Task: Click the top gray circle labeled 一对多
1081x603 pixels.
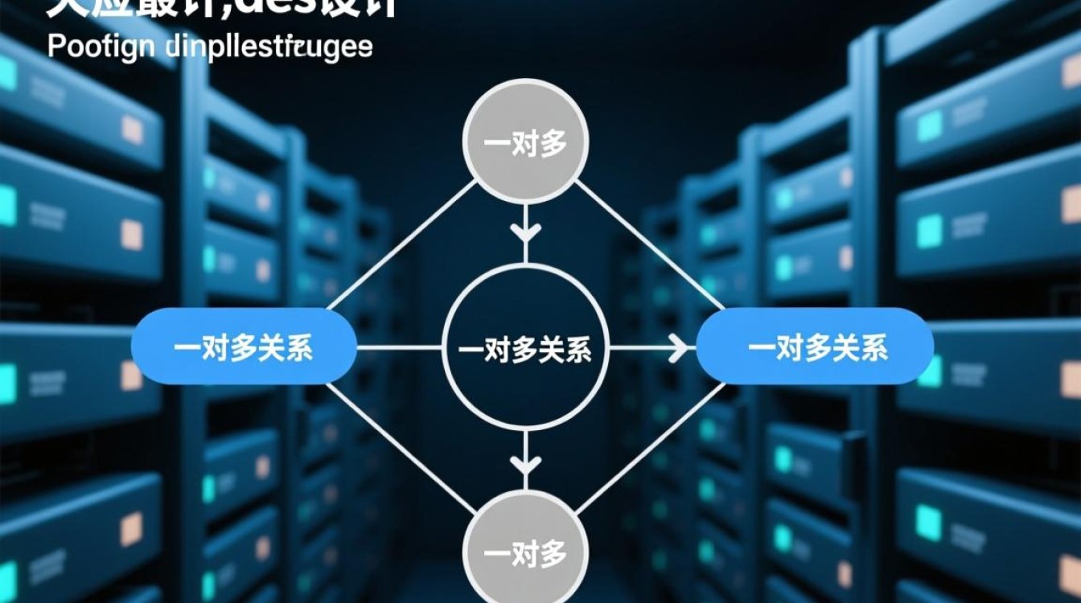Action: click(526, 142)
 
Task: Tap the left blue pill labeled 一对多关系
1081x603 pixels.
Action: click(244, 347)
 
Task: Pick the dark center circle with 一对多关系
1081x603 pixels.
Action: click(525, 347)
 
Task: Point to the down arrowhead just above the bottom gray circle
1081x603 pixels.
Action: click(526, 464)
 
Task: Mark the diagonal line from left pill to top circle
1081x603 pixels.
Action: click(402, 244)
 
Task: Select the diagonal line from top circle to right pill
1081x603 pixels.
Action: click(648, 244)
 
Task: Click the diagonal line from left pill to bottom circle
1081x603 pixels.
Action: click(402, 450)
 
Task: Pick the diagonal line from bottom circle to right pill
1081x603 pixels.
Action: click(648, 450)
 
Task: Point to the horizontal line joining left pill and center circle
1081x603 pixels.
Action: click(400, 347)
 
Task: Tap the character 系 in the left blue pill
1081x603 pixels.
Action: click(298, 347)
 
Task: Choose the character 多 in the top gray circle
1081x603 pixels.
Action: click(553, 143)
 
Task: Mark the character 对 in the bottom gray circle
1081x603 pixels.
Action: click(525, 554)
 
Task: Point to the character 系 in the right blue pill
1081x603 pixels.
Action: click(873, 347)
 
